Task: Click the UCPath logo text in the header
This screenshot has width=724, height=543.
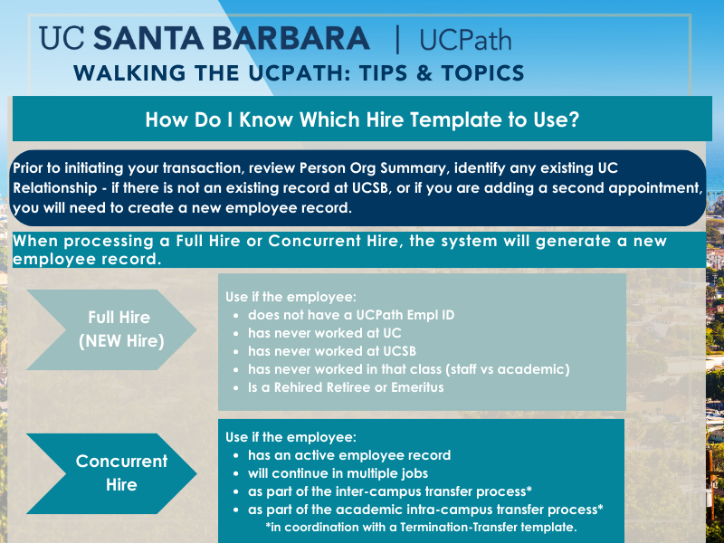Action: [x=465, y=40]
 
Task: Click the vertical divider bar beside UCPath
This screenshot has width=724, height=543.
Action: [x=397, y=39]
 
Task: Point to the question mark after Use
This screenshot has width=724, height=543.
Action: [x=574, y=119]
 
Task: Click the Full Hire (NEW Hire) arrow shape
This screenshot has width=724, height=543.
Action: [x=111, y=329]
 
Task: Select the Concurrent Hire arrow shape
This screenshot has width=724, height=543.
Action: [x=111, y=473]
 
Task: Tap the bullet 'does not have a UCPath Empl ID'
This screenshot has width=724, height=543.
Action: [x=351, y=315]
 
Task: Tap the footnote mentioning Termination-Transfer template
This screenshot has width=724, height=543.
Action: [x=421, y=527]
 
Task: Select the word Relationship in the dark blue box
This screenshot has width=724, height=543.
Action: [x=55, y=188]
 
